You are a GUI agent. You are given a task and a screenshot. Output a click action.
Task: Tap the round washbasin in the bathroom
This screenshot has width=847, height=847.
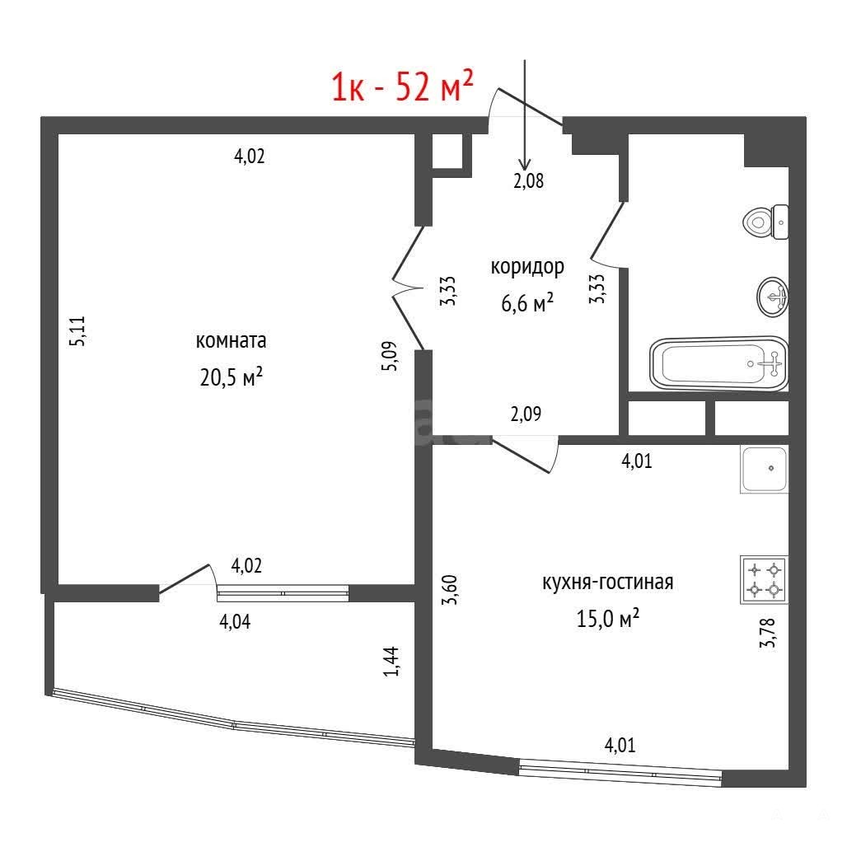[773, 297]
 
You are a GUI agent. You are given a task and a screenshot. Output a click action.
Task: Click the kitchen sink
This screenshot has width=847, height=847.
[764, 470]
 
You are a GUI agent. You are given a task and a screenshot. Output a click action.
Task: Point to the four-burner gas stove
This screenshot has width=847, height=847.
[764, 579]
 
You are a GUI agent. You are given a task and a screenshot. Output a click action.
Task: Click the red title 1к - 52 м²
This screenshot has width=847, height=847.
[402, 86]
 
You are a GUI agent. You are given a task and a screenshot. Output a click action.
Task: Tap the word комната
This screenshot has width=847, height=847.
[231, 341]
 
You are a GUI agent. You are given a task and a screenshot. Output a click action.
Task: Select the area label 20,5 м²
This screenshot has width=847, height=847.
[232, 377]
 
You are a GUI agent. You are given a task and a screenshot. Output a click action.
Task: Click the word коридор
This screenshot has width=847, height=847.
[527, 268]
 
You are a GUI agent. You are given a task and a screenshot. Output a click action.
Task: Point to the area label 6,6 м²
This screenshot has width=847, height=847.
[527, 302]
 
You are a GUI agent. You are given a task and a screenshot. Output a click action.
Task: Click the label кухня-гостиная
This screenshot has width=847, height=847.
[608, 583]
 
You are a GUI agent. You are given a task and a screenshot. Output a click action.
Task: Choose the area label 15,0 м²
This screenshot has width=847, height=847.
[608, 618]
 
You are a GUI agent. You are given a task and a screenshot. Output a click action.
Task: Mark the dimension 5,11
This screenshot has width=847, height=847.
[77, 331]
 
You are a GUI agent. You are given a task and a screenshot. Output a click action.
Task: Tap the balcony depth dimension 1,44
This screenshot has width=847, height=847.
[391, 661]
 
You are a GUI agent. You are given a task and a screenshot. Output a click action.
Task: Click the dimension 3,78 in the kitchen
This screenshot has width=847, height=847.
[767, 632]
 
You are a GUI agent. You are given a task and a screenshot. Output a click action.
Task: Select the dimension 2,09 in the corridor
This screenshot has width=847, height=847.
[526, 414]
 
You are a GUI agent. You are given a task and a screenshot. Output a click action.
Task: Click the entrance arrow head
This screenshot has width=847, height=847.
[525, 166]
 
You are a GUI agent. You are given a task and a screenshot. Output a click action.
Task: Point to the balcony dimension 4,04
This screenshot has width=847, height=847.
[235, 622]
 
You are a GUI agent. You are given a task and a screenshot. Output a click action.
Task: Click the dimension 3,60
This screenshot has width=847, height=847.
[449, 590]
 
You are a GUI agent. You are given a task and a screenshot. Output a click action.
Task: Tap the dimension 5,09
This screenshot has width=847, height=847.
[390, 356]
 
